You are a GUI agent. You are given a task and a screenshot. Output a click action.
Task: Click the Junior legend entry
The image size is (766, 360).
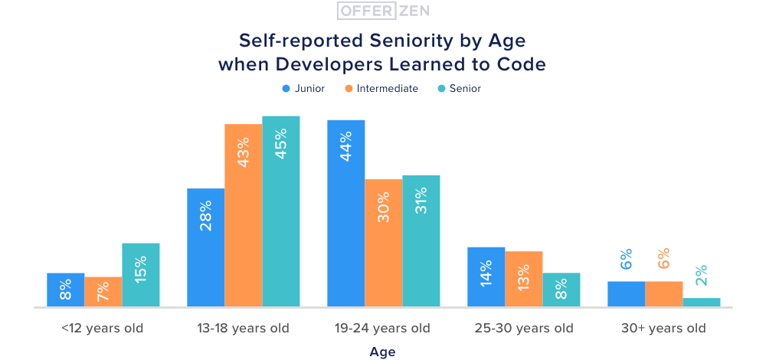point(304,88)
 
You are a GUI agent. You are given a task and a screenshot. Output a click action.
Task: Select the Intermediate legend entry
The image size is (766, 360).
point(381,88)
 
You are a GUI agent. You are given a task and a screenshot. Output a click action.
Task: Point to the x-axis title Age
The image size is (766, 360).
point(382,352)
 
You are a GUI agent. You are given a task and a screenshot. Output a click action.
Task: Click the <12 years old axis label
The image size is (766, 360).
point(103,329)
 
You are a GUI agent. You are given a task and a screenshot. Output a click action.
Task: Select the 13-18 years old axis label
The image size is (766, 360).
point(242,329)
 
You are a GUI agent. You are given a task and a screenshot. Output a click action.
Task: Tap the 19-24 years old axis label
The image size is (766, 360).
point(383,329)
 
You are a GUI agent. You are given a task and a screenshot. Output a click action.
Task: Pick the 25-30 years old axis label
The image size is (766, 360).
point(524,329)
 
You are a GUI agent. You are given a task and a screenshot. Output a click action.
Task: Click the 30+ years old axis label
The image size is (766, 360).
point(663,329)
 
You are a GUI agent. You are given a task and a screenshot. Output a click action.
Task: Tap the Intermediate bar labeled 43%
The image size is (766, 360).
point(243,215)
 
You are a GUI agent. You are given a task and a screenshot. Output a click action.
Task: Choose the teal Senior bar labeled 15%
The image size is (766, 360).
point(141,275)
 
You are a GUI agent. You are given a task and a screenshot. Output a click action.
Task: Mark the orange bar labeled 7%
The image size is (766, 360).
point(103,292)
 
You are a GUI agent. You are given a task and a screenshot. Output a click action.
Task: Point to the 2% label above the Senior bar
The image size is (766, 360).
point(702,275)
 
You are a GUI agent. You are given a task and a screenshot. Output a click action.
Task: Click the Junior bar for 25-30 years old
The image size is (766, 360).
point(486,277)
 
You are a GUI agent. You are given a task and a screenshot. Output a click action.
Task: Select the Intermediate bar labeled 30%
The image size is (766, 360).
point(383,243)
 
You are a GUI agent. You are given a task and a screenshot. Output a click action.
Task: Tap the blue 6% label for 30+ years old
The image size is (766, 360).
point(626,259)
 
